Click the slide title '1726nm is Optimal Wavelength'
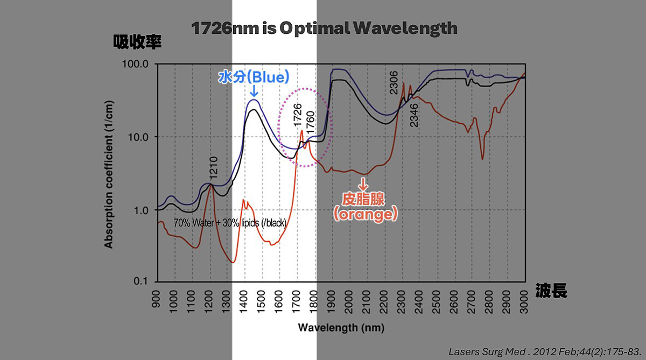pyautogui.click(x=324, y=28)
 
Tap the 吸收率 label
pyautogui.click(x=137, y=43)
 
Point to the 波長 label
pyautogui.click(x=551, y=292)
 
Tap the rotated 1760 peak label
pyautogui.click(x=311, y=122)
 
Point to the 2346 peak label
pyautogui.click(x=413, y=115)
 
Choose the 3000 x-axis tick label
pyautogui.click(x=525, y=300)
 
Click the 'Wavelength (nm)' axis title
pyautogui.click(x=341, y=327)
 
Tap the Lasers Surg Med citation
pyautogui.click(x=544, y=351)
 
